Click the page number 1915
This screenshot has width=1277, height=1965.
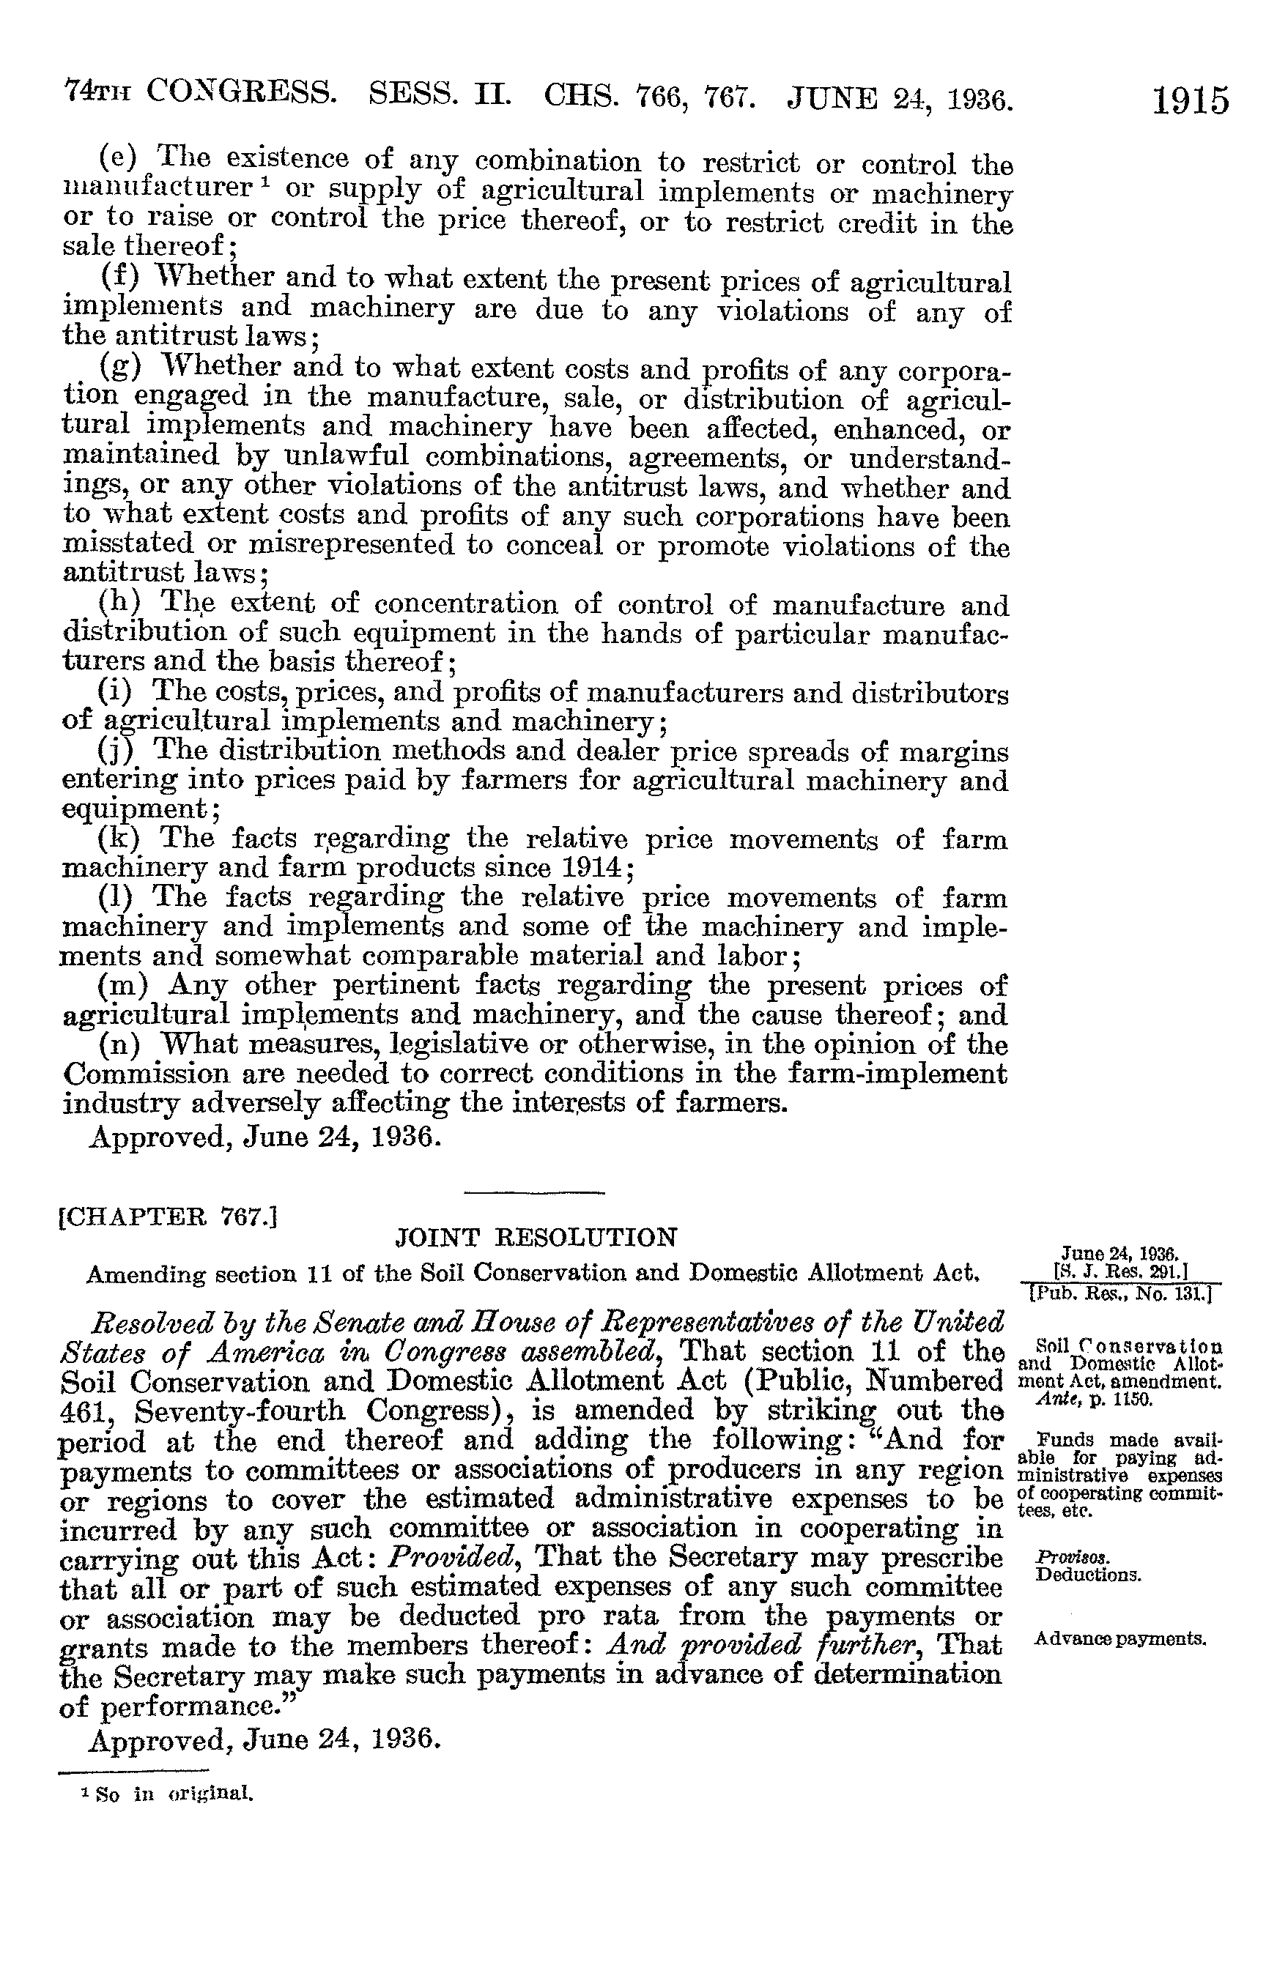click(1191, 101)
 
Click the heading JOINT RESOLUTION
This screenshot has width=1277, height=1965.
click(537, 1237)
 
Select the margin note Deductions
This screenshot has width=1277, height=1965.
click(1088, 1574)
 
